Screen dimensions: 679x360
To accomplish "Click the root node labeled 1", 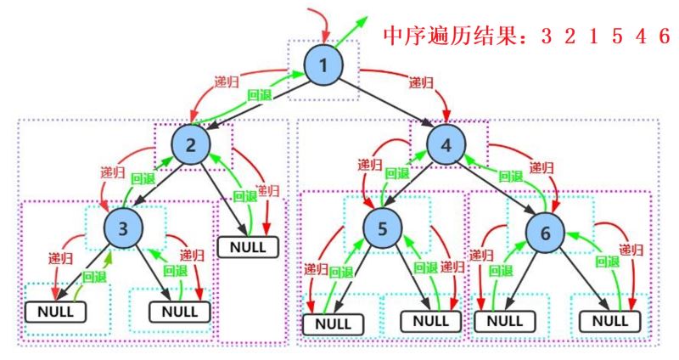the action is (x=323, y=65).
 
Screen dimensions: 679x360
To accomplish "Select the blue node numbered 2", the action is (x=191, y=145).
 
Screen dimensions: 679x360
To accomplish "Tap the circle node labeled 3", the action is (x=123, y=228).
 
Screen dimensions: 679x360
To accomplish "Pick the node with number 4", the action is (x=446, y=145).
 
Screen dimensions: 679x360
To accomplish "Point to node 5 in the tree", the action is (x=383, y=228).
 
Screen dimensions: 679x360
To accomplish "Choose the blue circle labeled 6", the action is (x=545, y=233).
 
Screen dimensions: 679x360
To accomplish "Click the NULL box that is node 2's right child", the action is (x=248, y=247).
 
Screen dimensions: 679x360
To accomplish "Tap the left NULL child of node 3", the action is (x=55, y=312).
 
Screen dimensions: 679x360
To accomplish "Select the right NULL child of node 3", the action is (x=180, y=312).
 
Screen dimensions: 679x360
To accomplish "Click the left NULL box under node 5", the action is (x=333, y=324).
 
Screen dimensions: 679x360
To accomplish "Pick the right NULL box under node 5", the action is (x=431, y=321).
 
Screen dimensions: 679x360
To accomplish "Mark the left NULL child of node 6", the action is (x=505, y=321).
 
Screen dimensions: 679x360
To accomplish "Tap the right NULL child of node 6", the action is (x=610, y=321).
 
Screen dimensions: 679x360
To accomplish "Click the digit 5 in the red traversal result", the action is (x=618, y=36).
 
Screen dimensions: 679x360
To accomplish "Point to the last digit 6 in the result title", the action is (x=665, y=36).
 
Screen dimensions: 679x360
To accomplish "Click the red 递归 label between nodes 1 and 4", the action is (x=421, y=82).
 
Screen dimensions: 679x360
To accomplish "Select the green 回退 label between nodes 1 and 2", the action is (x=260, y=95).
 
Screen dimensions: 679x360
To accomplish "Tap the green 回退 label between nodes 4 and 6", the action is (x=511, y=177).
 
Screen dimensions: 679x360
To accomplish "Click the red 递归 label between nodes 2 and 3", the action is (x=113, y=172).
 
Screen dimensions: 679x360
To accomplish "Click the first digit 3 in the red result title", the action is (x=547, y=36).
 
